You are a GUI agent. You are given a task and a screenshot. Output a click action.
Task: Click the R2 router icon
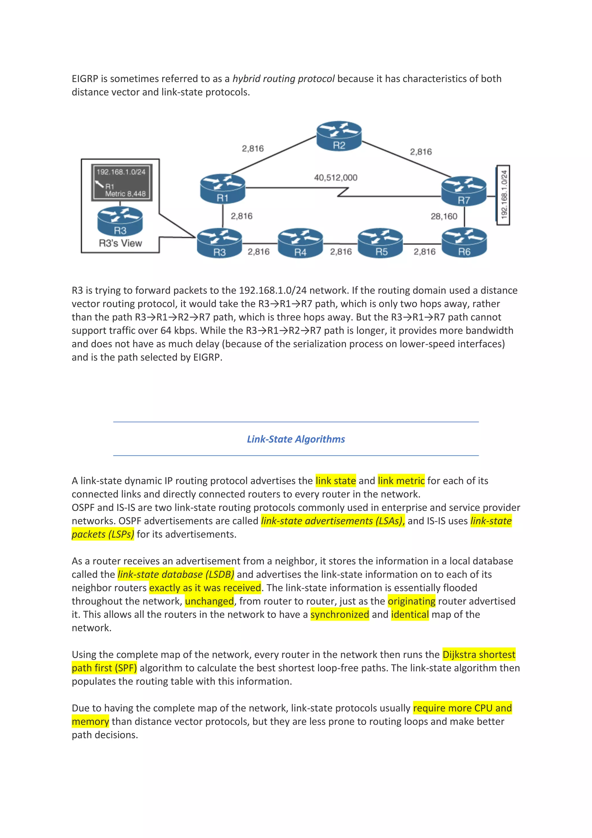339,136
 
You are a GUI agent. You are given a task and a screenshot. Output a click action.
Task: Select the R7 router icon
464,191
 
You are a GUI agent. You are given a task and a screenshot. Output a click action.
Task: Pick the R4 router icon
300,243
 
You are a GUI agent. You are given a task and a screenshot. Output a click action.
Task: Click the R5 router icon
380,243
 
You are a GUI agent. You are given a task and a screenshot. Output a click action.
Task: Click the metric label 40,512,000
336,178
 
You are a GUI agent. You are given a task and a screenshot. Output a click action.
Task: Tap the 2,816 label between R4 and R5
341,252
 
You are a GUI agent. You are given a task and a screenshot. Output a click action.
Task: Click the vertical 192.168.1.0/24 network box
503,195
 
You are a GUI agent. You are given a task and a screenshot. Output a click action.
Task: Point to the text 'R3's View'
120,243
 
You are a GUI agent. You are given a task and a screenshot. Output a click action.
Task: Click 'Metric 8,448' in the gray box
125,194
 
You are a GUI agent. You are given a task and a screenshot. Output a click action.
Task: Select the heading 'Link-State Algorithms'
296,439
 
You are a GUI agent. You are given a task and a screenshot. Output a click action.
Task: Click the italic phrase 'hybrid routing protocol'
283,79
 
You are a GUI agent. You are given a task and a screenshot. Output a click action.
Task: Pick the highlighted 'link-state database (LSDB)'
176,575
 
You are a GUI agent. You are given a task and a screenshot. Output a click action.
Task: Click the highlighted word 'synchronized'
340,615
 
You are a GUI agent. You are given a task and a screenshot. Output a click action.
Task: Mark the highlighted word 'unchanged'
209,601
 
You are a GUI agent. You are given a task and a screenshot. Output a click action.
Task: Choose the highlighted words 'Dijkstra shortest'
479,655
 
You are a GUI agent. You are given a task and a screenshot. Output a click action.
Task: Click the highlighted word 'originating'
411,601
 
